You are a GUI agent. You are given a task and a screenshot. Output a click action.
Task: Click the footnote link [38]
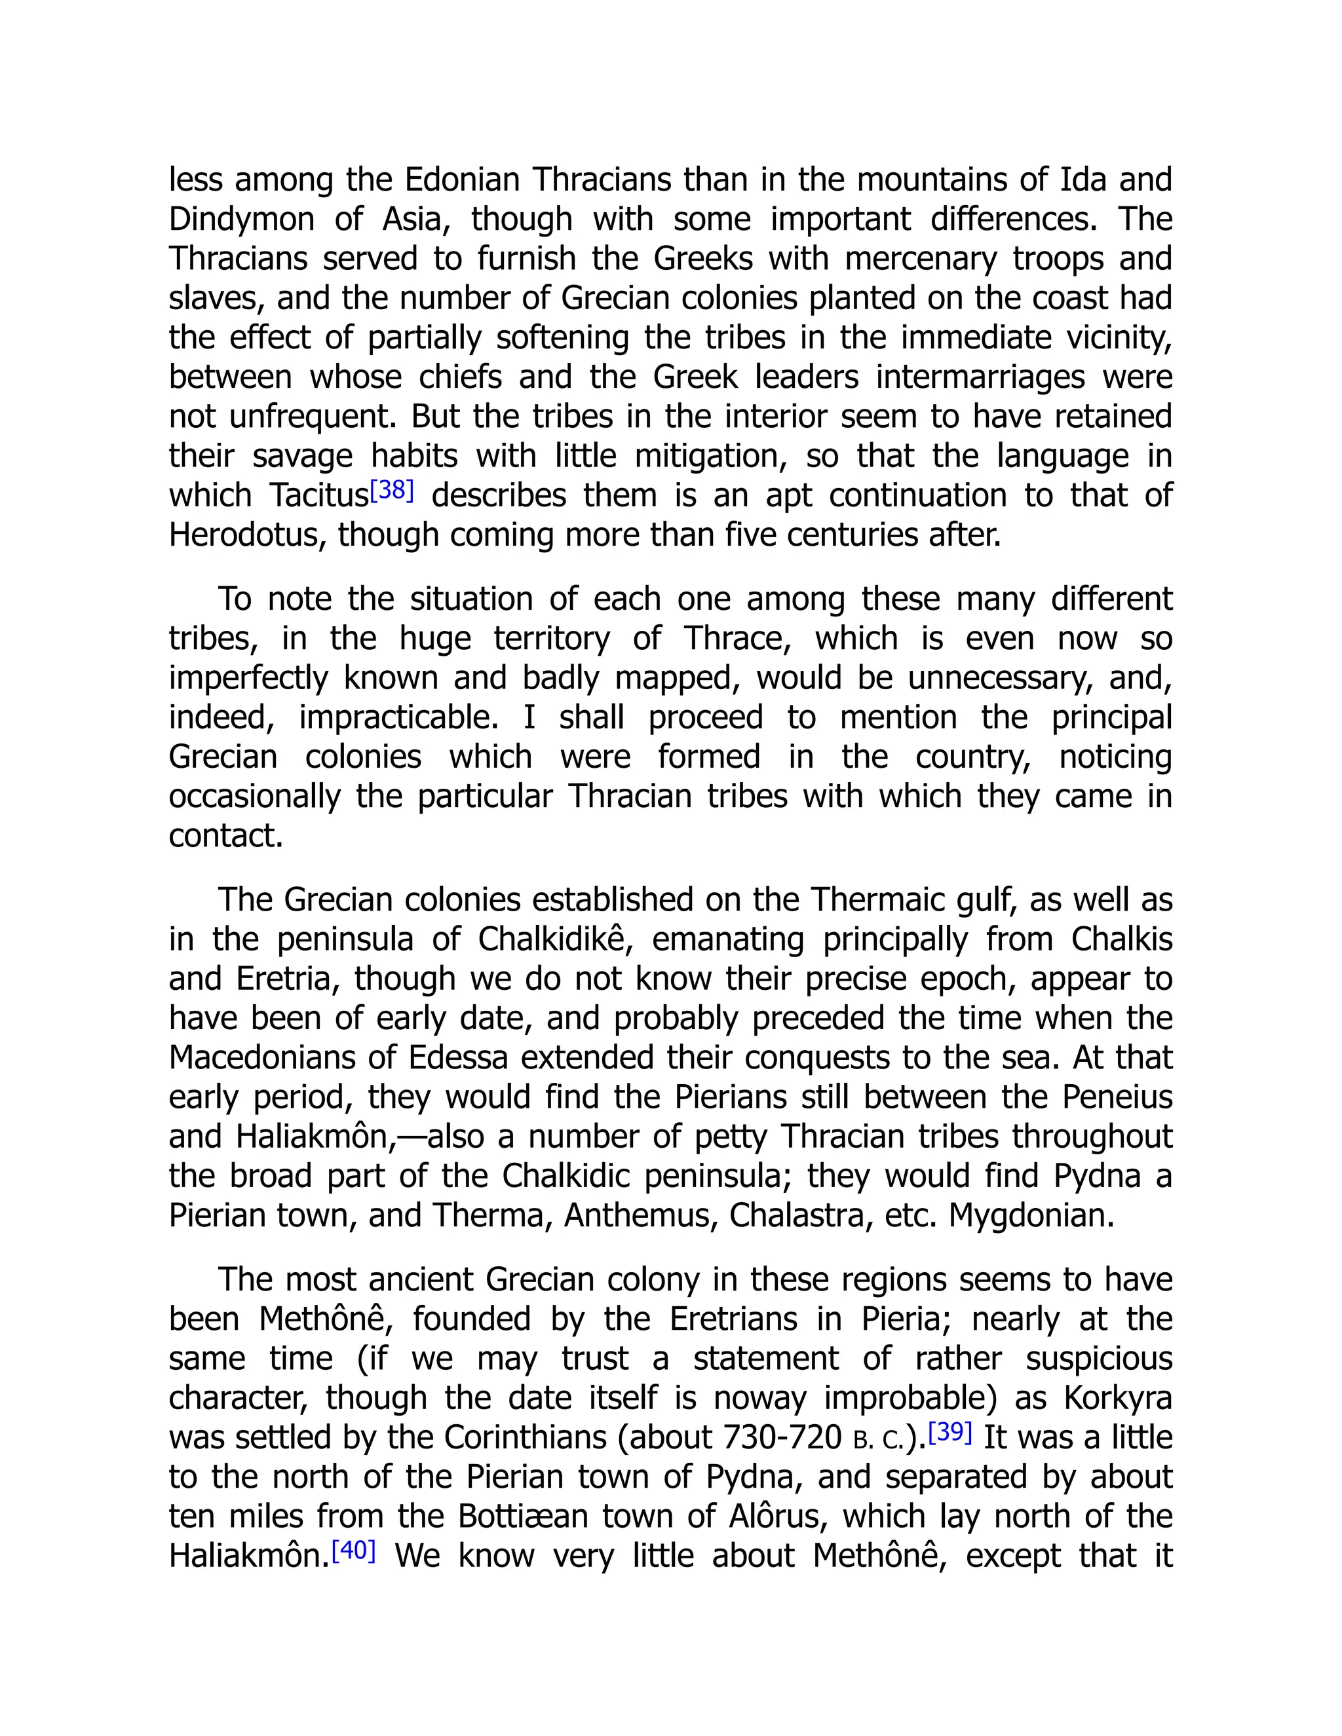coord(392,491)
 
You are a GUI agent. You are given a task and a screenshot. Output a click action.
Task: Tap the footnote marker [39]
coord(950,1431)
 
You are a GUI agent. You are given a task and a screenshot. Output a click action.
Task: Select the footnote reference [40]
coord(353,1550)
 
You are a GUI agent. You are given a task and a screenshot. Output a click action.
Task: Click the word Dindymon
coord(241,219)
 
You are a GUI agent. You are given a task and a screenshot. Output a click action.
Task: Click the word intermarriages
coord(980,377)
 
